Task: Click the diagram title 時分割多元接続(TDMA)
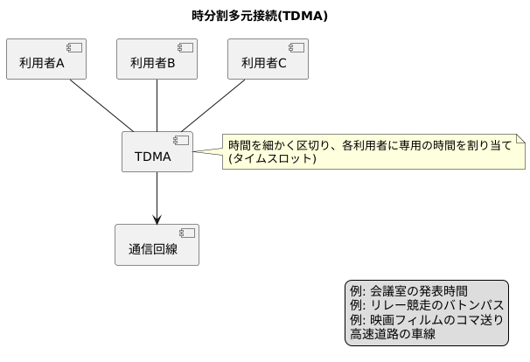point(259,15)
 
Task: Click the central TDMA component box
point(157,152)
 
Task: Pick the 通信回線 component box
point(157,245)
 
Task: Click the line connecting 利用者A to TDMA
point(102,106)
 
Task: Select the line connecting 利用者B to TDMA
point(157,106)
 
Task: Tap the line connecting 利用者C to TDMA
point(212,106)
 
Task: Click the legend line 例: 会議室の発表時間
point(408,291)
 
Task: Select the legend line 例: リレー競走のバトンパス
point(427,305)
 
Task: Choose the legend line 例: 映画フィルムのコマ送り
point(427,319)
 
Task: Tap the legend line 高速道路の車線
point(393,333)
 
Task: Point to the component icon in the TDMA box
point(181,140)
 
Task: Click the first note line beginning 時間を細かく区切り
point(369,145)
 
